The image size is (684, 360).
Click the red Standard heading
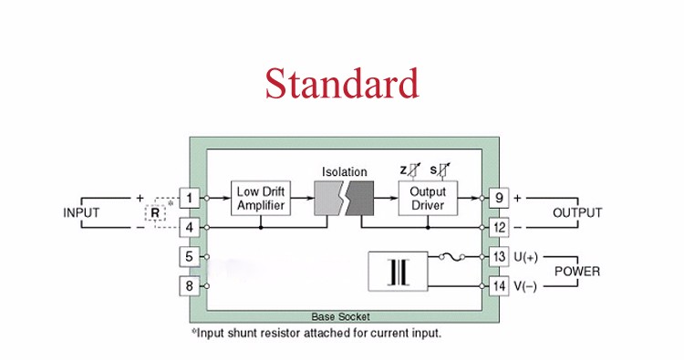[x=342, y=83]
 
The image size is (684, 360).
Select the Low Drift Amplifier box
[x=261, y=198]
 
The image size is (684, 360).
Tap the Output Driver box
[x=427, y=198]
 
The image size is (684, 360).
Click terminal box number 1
[x=189, y=197]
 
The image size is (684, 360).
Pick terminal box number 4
[x=189, y=226]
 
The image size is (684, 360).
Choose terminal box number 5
[x=189, y=257]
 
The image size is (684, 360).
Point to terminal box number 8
[x=189, y=286]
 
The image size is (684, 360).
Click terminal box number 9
[x=499, y=197]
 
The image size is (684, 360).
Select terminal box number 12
[x=499, y=226]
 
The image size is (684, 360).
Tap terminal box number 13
[x=499, y=257]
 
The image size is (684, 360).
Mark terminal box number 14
[x=499, y=286]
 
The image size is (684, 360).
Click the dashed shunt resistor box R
[x=156, y=212]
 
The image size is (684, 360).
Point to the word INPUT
[x=81, y=212]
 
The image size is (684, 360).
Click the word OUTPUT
[x=577, y=212]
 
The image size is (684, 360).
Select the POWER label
[x=577, y=272]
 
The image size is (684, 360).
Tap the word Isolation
[x=345, y=171]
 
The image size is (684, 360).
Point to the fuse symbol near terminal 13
[x=448, y=257]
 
